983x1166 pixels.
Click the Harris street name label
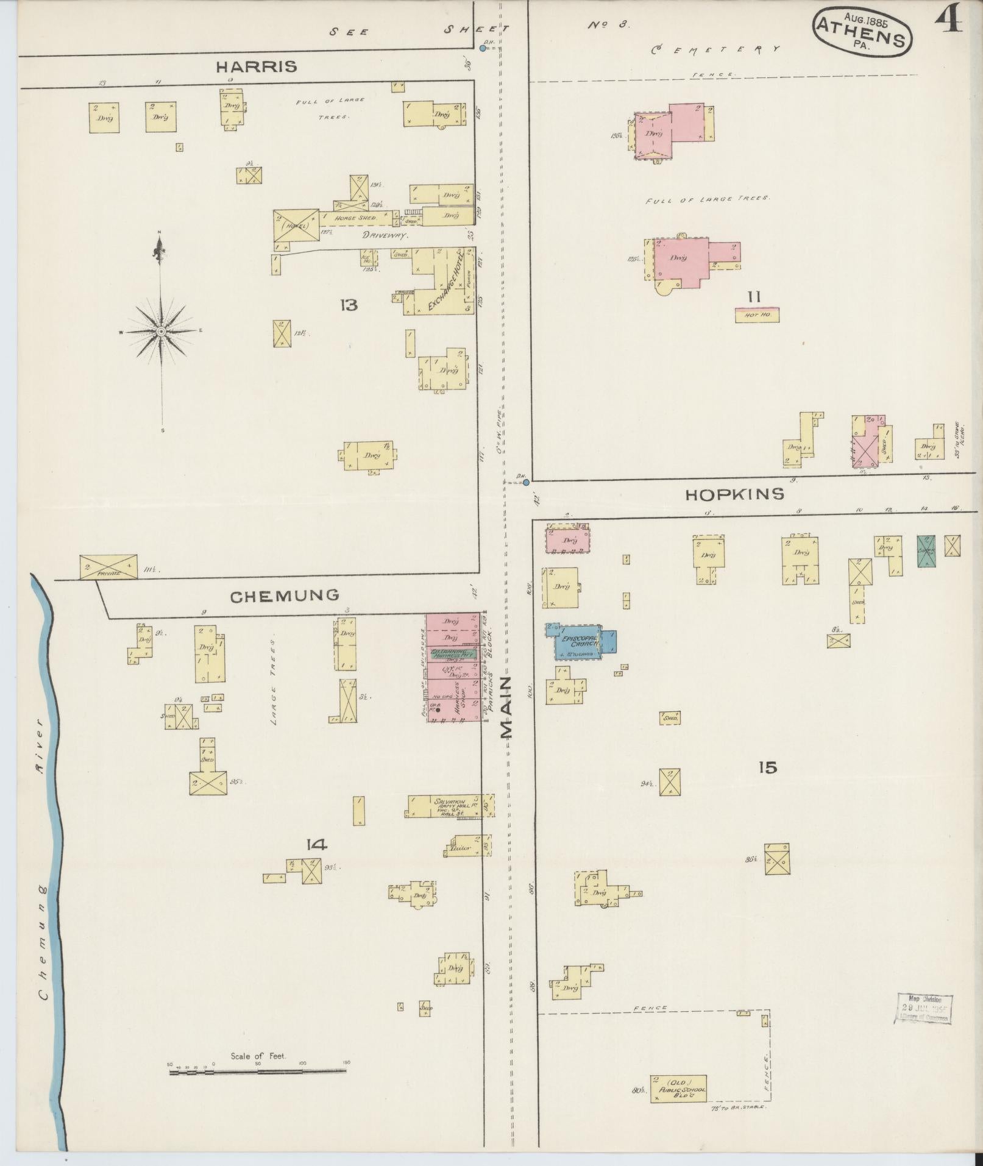[x=257, y=67]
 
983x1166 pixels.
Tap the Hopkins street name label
[x=734, y=494]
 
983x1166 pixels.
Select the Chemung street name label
[x=284, y=595]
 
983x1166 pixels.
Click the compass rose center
[x=161, y=331]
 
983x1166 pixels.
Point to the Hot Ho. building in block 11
[x=757, y=315]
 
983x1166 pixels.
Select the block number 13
[x=349, y=305]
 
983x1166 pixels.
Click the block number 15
[x=768, y=767]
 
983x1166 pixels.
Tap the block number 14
[x=317, y=844]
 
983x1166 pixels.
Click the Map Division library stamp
[x=923, y=1009]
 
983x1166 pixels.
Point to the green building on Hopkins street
[x=926, y=551]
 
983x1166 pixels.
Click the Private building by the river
[x=108, y=567]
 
